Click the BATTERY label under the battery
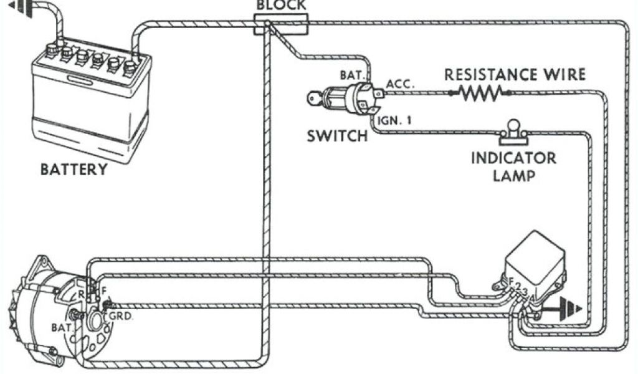74,170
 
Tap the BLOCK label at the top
281,6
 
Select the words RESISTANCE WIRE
515,75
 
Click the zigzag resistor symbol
480,93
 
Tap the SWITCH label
337,136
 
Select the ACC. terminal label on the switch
401,83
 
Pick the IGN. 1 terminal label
395,120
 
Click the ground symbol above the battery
19,8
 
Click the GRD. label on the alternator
120,315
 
